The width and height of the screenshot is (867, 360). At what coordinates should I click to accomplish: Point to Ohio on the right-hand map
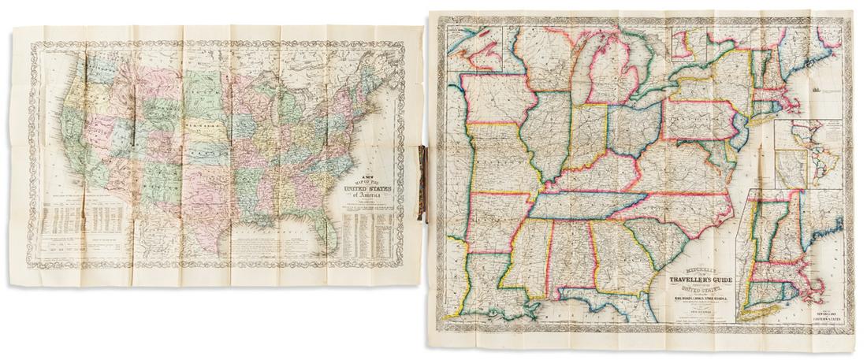pyautogui.click(x=634, y=126)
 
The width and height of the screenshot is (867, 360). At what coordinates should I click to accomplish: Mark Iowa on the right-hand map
pyautogui.click(x=496, y=98)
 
